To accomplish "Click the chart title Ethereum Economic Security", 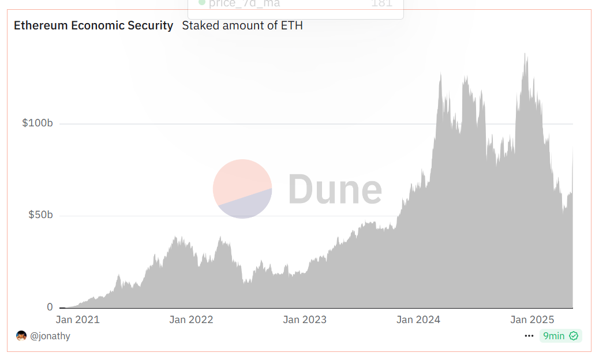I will pyautogui.click(x=93, y=25).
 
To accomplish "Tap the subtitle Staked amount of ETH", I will pyautogui.click(x=242, y=25).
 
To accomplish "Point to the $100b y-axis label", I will pyautogui.click(x=38, y=123).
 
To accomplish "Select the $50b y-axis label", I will pyautogui.click(x=41, y=215).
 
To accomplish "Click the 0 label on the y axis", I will pyautogui.click(x=50, y=307).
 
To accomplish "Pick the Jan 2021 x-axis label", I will pyautogui.click(x=77, y=320).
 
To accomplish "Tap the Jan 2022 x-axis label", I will pyautogui.click(x=191, y=320).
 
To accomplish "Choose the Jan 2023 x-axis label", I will pyautogui.click(x=305, y=320).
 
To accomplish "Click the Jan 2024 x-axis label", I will pyautogui.click(x=418, y=320).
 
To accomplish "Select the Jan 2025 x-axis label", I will pyautogui.click(x=532, y=320).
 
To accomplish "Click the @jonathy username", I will pyautogui.click(x=50, y=336).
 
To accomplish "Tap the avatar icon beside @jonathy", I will pyautogui.click(x=21, y=336).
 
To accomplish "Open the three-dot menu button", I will pyautogui.click(x=529, y=336).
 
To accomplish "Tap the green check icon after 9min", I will pyautogui.click(x=574, y=336).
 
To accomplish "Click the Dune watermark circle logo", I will pyautogui.click(x=242, y=189).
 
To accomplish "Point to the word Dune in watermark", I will pyautogui.click(x=335, y=189).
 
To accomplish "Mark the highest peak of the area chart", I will pyautogui.click(x=525, y=54).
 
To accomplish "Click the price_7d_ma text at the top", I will pyautogui.click(x=242, y=3).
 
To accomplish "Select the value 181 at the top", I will pyautogui.click(x=381, y=3).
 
